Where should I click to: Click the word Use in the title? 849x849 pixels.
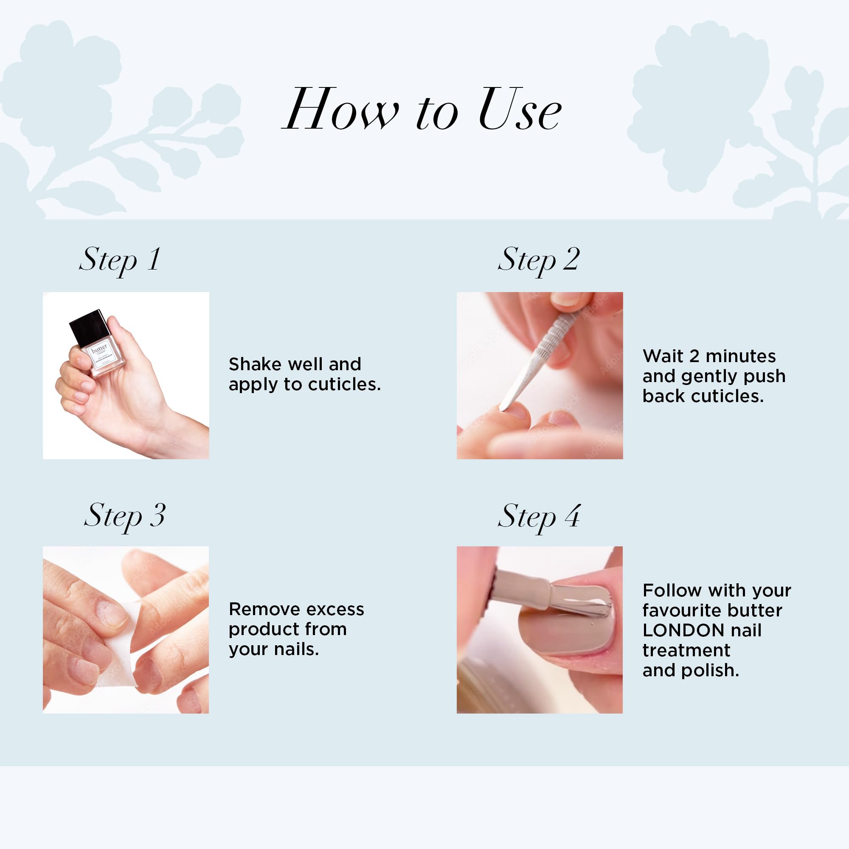(520, 110)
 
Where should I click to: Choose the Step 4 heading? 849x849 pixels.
(539, 516)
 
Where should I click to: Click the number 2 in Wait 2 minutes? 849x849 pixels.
(694, 357)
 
